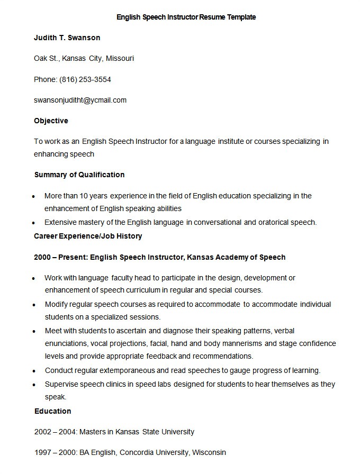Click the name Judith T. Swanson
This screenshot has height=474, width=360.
tap(67, 38)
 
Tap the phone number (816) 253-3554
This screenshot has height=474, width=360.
tap(85, 79)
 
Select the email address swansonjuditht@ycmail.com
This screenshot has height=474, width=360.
tap(80, 100)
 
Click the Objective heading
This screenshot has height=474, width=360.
tap(51, 121)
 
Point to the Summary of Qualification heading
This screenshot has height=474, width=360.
tap(79, 175)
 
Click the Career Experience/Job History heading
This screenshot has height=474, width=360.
tap(88, 236)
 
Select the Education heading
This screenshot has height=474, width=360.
tap(52, 411)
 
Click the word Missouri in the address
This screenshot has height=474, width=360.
tap(119, 58)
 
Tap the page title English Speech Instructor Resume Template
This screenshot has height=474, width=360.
tap(186, 17)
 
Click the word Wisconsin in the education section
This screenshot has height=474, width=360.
tap(209, 452)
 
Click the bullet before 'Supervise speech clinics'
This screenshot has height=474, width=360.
tap(34, 385)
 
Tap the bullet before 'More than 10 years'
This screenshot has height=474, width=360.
tap(34, 196)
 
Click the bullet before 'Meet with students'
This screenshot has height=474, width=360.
tap(34, 331)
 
